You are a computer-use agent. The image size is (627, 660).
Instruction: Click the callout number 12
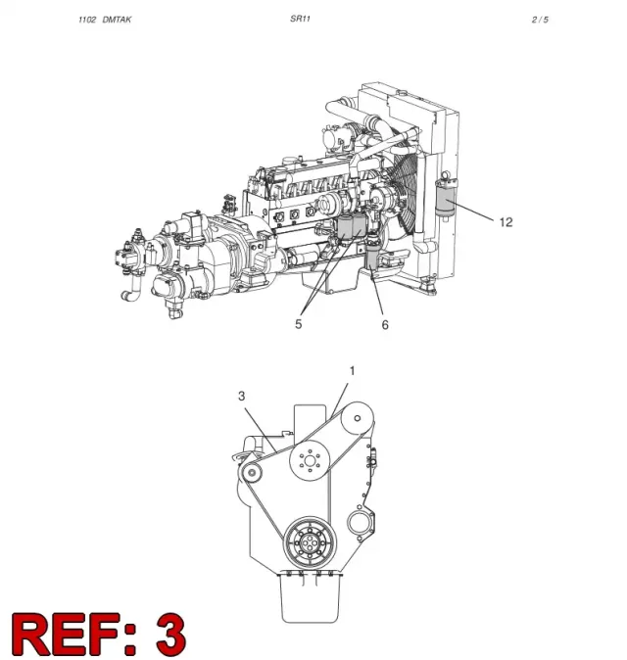(x=506, y=222)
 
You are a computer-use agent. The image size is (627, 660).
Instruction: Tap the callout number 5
(x=299, y=324)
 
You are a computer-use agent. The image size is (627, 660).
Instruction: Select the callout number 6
(x=385, y=325)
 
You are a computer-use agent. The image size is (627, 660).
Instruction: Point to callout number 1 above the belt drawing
(x=352, y=371)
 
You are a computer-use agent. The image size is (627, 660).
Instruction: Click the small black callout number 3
(x=241, y=396)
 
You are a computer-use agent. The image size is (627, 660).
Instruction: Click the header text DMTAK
(x=117, y=20)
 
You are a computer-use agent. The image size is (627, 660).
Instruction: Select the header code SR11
(x=300, y=19)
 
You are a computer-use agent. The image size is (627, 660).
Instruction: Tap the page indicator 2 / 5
(x=540, y=20)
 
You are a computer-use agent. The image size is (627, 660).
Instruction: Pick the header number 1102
(x=87, y=20)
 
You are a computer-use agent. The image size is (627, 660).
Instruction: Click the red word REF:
(x=74, y=635)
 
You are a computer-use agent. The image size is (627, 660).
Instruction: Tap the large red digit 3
(x=170, y=635)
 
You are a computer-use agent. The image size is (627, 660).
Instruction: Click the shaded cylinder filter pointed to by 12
(x=445, y=195)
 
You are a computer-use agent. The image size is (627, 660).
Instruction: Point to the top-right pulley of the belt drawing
(x=357, y=418)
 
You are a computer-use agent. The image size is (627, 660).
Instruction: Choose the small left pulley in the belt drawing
(x=252, y=473)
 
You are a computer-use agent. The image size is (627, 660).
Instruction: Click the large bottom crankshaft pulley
(x=311, y=542)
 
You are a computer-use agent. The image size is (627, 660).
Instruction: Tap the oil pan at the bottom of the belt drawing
(x=310, y=597)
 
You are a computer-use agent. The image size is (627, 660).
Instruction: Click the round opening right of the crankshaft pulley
(x=360, y=523)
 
